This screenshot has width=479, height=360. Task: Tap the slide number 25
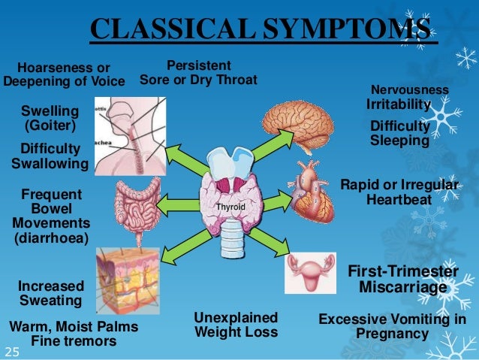(x=12, y=351)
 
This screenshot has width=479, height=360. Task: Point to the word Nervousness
(x=410, y=90)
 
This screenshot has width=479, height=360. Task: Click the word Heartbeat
(x=399, y=200)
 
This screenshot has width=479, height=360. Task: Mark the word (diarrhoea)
(x=50, y=239)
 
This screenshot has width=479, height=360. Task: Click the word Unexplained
(x=236, y=317)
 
